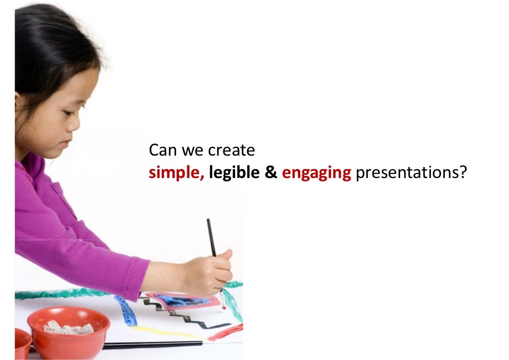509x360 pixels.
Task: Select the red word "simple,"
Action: coord(176,173)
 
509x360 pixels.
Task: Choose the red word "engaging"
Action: coord(317,174)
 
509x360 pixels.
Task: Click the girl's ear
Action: coord(19,102)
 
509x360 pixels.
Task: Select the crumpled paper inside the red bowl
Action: coord(68,327)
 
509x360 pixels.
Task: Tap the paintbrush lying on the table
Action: coord(149,345)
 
